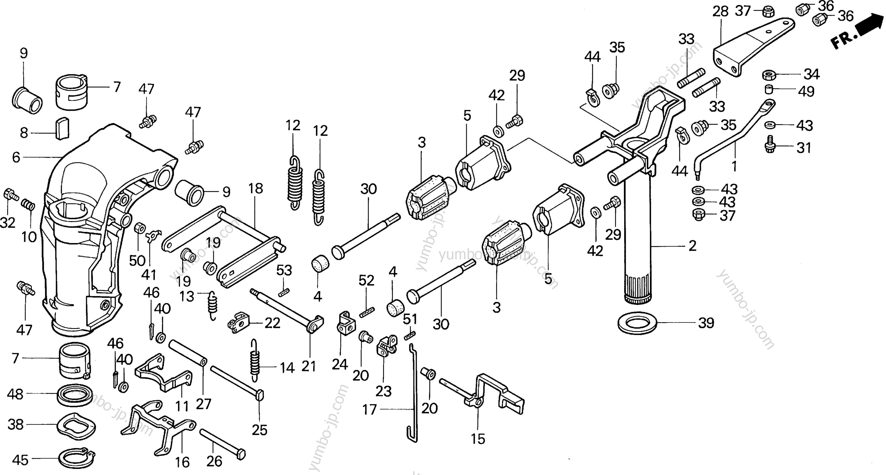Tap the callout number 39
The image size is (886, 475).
coord(706,323)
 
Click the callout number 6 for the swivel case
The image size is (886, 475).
coord(16,157)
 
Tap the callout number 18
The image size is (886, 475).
coord(256,188)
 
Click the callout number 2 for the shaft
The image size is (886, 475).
coord(692,246)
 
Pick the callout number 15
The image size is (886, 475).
coord(478,439)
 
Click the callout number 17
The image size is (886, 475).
coord(369,410)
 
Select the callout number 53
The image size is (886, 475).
coord(284,271)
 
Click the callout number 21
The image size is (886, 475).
coord(309,367)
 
